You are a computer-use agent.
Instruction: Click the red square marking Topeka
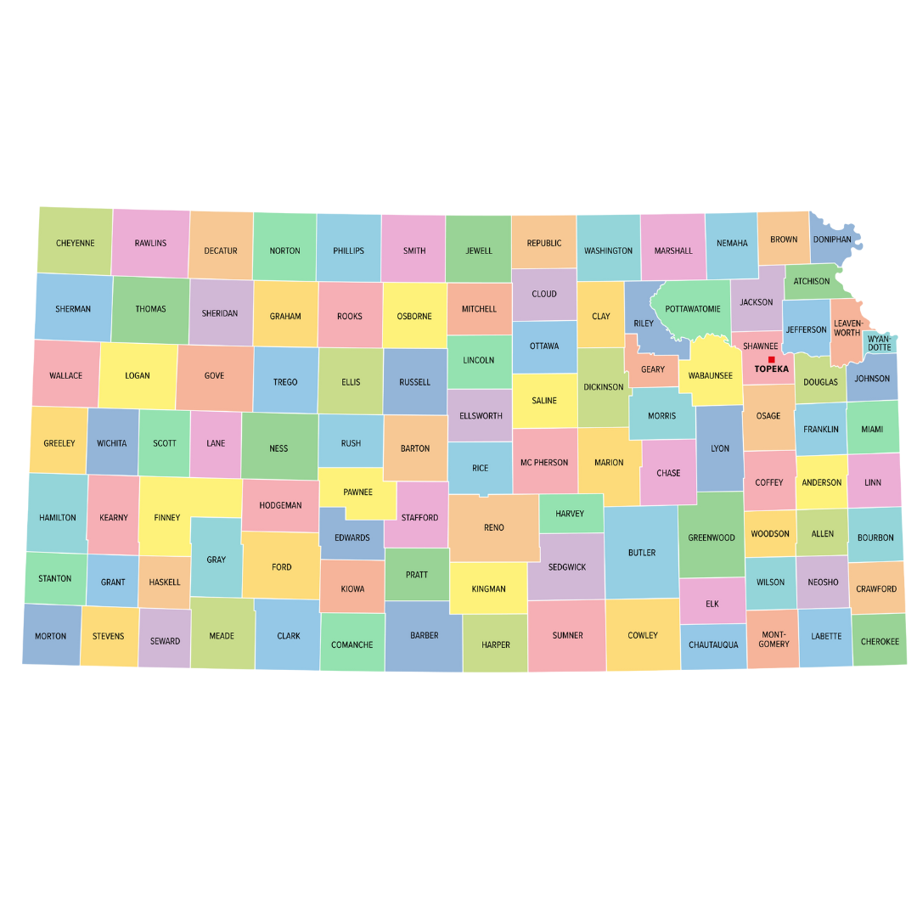tap(771, 359)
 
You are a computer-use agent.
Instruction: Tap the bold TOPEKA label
tap(771, 369)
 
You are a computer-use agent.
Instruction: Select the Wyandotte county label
tap(880, 343)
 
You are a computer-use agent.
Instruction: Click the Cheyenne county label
tap(76, 243)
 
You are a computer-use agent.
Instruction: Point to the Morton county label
tap(50, 636)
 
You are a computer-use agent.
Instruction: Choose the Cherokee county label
tap(880, 641)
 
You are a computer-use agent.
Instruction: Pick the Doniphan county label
tap(832, 239)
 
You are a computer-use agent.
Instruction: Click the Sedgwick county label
tap(567, 567)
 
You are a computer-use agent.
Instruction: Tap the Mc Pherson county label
tap(544, 463)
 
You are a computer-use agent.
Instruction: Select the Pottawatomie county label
tap(693, 309)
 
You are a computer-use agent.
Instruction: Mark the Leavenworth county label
tap(847, 328)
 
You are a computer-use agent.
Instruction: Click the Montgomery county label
tap(774, 639)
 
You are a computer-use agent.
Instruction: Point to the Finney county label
tap(167, 517)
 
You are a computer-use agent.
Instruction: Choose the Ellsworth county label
tap(481, 416)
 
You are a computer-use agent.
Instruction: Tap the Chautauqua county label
tap(713, 645)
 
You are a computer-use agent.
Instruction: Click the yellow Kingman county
tap(488, 588)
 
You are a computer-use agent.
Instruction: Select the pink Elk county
tap(712, 604)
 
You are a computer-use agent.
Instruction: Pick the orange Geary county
tap(653, 370)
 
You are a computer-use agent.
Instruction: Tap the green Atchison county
tap(812, 281)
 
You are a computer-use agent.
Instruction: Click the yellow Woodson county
tap(770, 534)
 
